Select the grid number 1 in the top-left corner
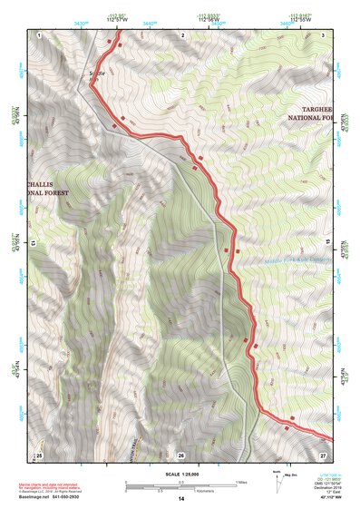(41, 34)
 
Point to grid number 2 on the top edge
(182, 34)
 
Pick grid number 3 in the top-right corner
(324, 34)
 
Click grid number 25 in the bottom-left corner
(39, 454)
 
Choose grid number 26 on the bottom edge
(181, 454)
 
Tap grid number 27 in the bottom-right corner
(323, 454)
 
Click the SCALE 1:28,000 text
(176, 475)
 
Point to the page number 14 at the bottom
(180, 500)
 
